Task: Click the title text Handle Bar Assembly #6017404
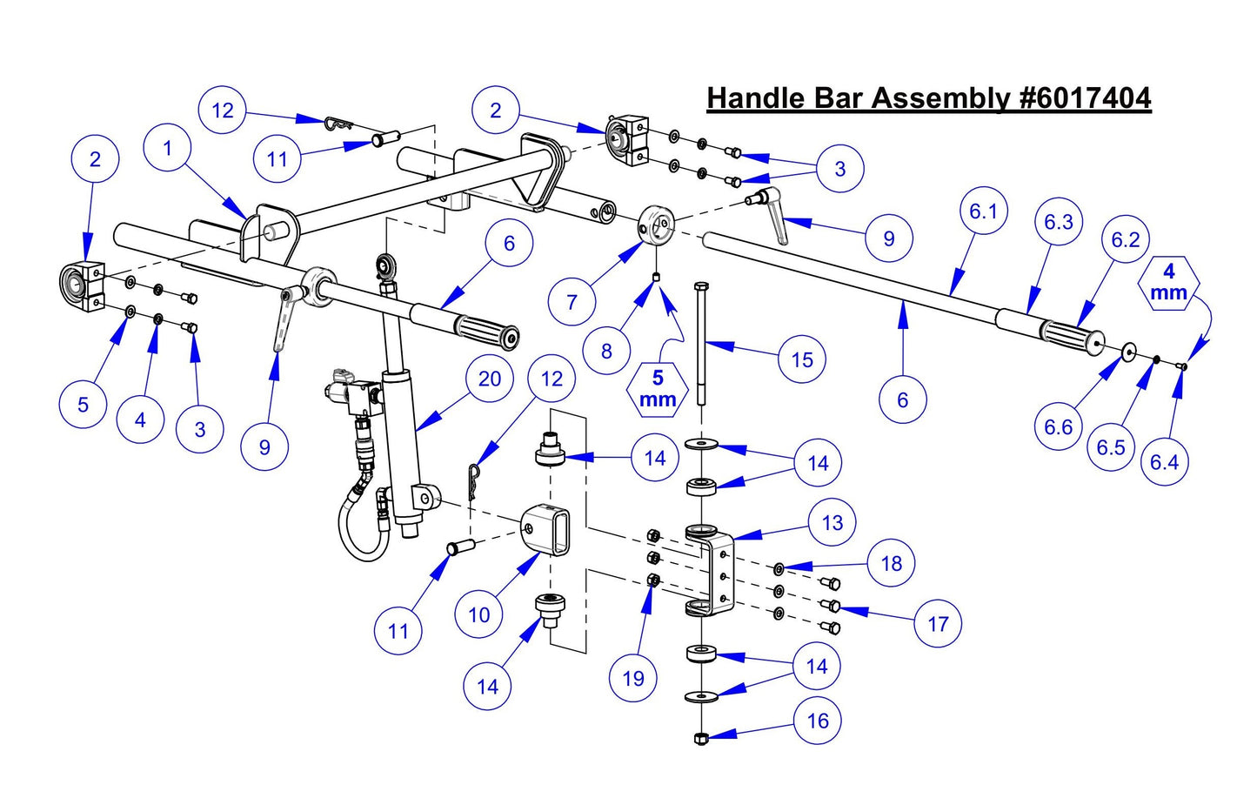click(x=928, y=97)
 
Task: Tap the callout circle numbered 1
click(x=168, y=149)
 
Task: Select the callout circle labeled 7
click(x=572, y=302)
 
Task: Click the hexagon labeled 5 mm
click(x=658, y=388)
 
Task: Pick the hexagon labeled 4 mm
click(x=1168, y=284)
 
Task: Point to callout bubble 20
click(x=490, y=379)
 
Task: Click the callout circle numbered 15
click(x=801, y=359)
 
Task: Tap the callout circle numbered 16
click(x=818, y=721)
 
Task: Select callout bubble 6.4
click(x=1164, y=461)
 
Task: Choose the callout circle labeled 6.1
click(x=983, y=211)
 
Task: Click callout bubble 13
click(x=832, y=522)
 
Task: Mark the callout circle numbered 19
click(x=633, y=678)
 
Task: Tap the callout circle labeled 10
click(x=479, y=615)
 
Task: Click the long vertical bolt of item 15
click(x=699, y=348)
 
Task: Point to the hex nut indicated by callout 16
click(x=700, y=739)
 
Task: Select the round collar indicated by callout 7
click(x=657, y=225)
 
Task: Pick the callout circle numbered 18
click(x=891, y=563)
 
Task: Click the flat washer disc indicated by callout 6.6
click(x=1128, y=351)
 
